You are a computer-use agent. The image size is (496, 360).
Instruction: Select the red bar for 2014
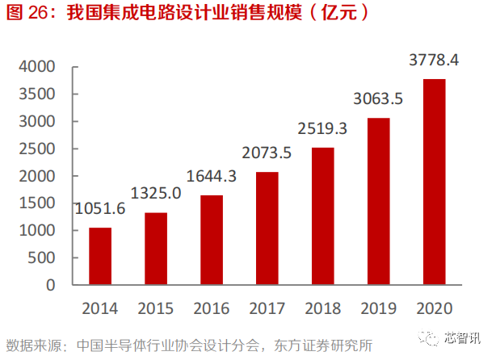100,256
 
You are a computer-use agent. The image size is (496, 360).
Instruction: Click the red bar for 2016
212,240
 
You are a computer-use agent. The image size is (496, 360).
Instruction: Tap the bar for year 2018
323,216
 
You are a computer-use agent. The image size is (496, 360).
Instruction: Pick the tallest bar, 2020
435,182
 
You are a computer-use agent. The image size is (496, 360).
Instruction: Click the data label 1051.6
100,209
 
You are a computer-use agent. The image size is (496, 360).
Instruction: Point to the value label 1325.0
156,195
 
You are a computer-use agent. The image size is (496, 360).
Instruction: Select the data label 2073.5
267,153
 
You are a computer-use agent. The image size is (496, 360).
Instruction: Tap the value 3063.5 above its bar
379,99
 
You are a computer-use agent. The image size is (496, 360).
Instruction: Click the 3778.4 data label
435,60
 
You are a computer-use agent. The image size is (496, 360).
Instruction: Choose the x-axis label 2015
156,308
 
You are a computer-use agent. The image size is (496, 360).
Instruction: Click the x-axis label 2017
267,308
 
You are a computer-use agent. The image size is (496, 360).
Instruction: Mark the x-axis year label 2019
379,308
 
